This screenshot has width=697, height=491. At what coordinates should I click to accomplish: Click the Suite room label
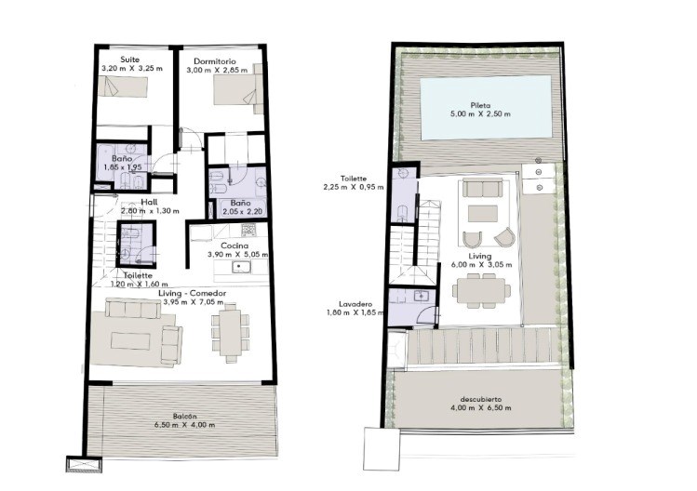click(129, 60)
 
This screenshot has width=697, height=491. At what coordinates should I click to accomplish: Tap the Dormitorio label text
click(215, 61)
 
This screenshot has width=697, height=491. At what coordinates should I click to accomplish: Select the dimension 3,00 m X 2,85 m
click(217, 70)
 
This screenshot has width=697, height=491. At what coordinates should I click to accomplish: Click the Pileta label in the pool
click(480, 106)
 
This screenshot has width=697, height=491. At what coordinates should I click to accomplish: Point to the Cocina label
click(235, 245)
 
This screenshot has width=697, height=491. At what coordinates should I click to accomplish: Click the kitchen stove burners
click(248, 230)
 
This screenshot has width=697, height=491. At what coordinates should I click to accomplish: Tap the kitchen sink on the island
click(241, 267)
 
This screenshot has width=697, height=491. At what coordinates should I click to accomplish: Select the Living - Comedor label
click(192, 293)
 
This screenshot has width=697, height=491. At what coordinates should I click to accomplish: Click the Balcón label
click(185, 417)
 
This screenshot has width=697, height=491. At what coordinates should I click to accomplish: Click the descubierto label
click(481, 399)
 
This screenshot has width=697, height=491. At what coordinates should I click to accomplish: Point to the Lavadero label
click(355, 304)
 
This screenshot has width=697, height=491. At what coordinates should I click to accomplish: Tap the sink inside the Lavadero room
click(420, 295)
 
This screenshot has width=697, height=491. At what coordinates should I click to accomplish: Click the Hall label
click(149, 202)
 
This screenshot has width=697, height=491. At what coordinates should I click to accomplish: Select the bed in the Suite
click(123, 86)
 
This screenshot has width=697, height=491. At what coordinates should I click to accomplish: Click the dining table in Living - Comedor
click(230, 332)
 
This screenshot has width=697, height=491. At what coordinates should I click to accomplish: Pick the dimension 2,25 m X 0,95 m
click(354, 187)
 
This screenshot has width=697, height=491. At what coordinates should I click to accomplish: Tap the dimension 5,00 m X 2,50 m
click(480, 113)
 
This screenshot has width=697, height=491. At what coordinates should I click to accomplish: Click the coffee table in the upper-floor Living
click(482, 213)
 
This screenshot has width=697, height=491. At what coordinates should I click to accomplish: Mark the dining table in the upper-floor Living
click(481, 290)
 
